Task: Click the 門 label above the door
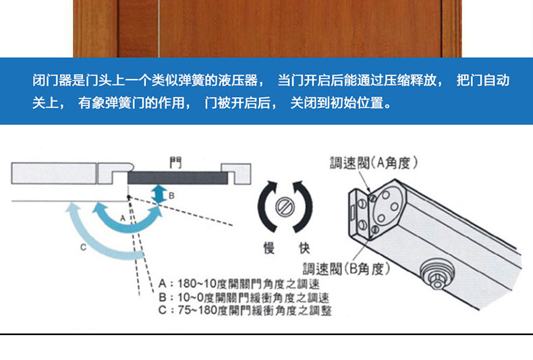(175, 162)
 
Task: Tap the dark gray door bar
(177, 177)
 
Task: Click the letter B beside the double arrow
(171, 196)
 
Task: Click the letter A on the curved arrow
(123, 218)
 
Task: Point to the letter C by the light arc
(83, 247)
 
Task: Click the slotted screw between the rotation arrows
(285, 206)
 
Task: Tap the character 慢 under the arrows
(269, 248)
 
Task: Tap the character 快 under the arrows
(304, 248)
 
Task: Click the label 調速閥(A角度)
(374, 163)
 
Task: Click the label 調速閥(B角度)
(347, 269)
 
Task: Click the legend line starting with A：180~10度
(239, 284)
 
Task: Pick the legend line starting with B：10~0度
(244, 297)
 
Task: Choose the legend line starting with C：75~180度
(245, 310)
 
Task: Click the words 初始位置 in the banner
(356, 102)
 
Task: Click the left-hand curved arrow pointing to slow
(264, 206)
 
